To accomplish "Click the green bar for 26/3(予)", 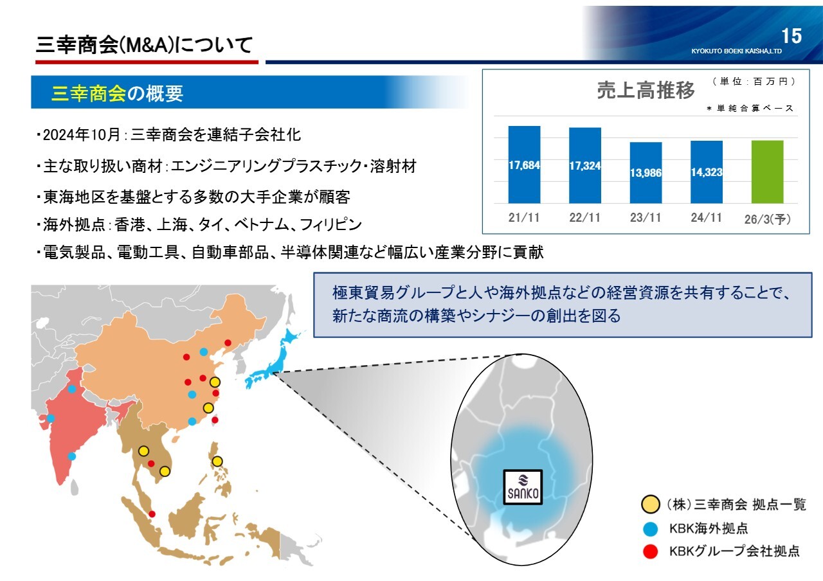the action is pyautogui.click(x=767, y=172).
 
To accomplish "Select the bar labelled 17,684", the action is pyautogui.click(x=524, y=165).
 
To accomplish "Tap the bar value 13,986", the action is pyautogui.click(x=646, y=173).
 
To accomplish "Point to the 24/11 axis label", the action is pyautogui.click(x=706, y=217).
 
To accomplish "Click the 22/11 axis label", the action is pyautogui.click(x=584, y=217).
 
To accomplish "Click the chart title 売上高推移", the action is pyautogui.click(x=646, y=90).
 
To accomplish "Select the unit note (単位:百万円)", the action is pyautogui.click(x=754, y=81).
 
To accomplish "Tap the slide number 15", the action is pyautogui.click(x=791, y=36).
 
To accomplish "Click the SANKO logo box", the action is pyautogui.click(x=523, y=487).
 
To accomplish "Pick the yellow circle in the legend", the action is pyautogui.click(x=650, y=505).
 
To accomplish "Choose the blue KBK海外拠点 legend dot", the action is pyautogui.click(x=650, y=529).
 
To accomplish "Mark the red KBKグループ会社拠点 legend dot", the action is pyautogui.click(x=650, y=551).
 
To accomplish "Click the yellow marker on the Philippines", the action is pyautogui.click(x=217, y=461).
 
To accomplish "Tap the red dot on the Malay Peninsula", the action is pyautogui.click(x=152, y=514).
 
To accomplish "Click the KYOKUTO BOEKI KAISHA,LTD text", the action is pyautogui.click(x=736, y=51).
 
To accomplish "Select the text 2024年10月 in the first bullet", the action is pyautogui.click(x=81, y=135).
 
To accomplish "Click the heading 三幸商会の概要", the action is pyautogui.click(x=117, y=93).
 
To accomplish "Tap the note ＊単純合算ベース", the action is pyautogui.click(x=750, y=109).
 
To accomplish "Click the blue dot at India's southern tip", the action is pyautogui.click(x=71, y=456).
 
